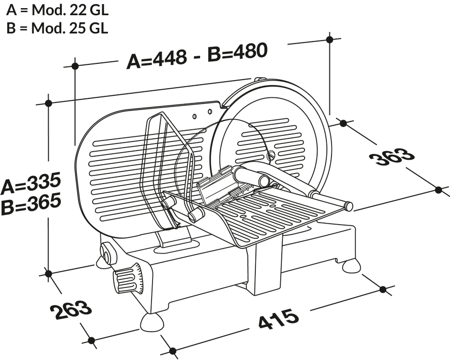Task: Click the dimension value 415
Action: [x=278, y=319]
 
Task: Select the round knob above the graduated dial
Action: [x=108, y=252]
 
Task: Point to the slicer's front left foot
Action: [x=153, y=321]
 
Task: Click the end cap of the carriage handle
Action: [x=348, y=205]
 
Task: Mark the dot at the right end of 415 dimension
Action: [x=383, y=289]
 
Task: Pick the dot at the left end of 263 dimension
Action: [x=49, y=273]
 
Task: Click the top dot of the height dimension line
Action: [x=49, y=103]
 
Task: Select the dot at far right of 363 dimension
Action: [x=439, y=190]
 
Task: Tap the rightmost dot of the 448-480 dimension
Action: [x=330, y=39]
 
